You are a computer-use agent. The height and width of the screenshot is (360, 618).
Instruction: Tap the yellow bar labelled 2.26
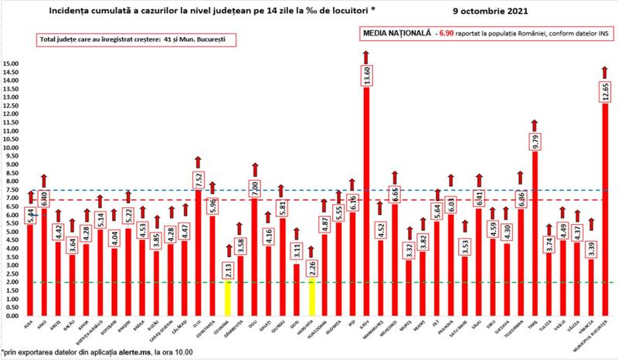[311, 297]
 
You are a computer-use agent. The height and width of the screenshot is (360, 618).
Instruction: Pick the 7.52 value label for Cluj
[198, 178]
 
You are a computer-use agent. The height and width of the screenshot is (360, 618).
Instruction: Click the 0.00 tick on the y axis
[12, 316]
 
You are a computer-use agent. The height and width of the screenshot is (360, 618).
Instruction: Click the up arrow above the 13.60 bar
[366, 56]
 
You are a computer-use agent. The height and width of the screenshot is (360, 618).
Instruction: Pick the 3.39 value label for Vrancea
[591, 249]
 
